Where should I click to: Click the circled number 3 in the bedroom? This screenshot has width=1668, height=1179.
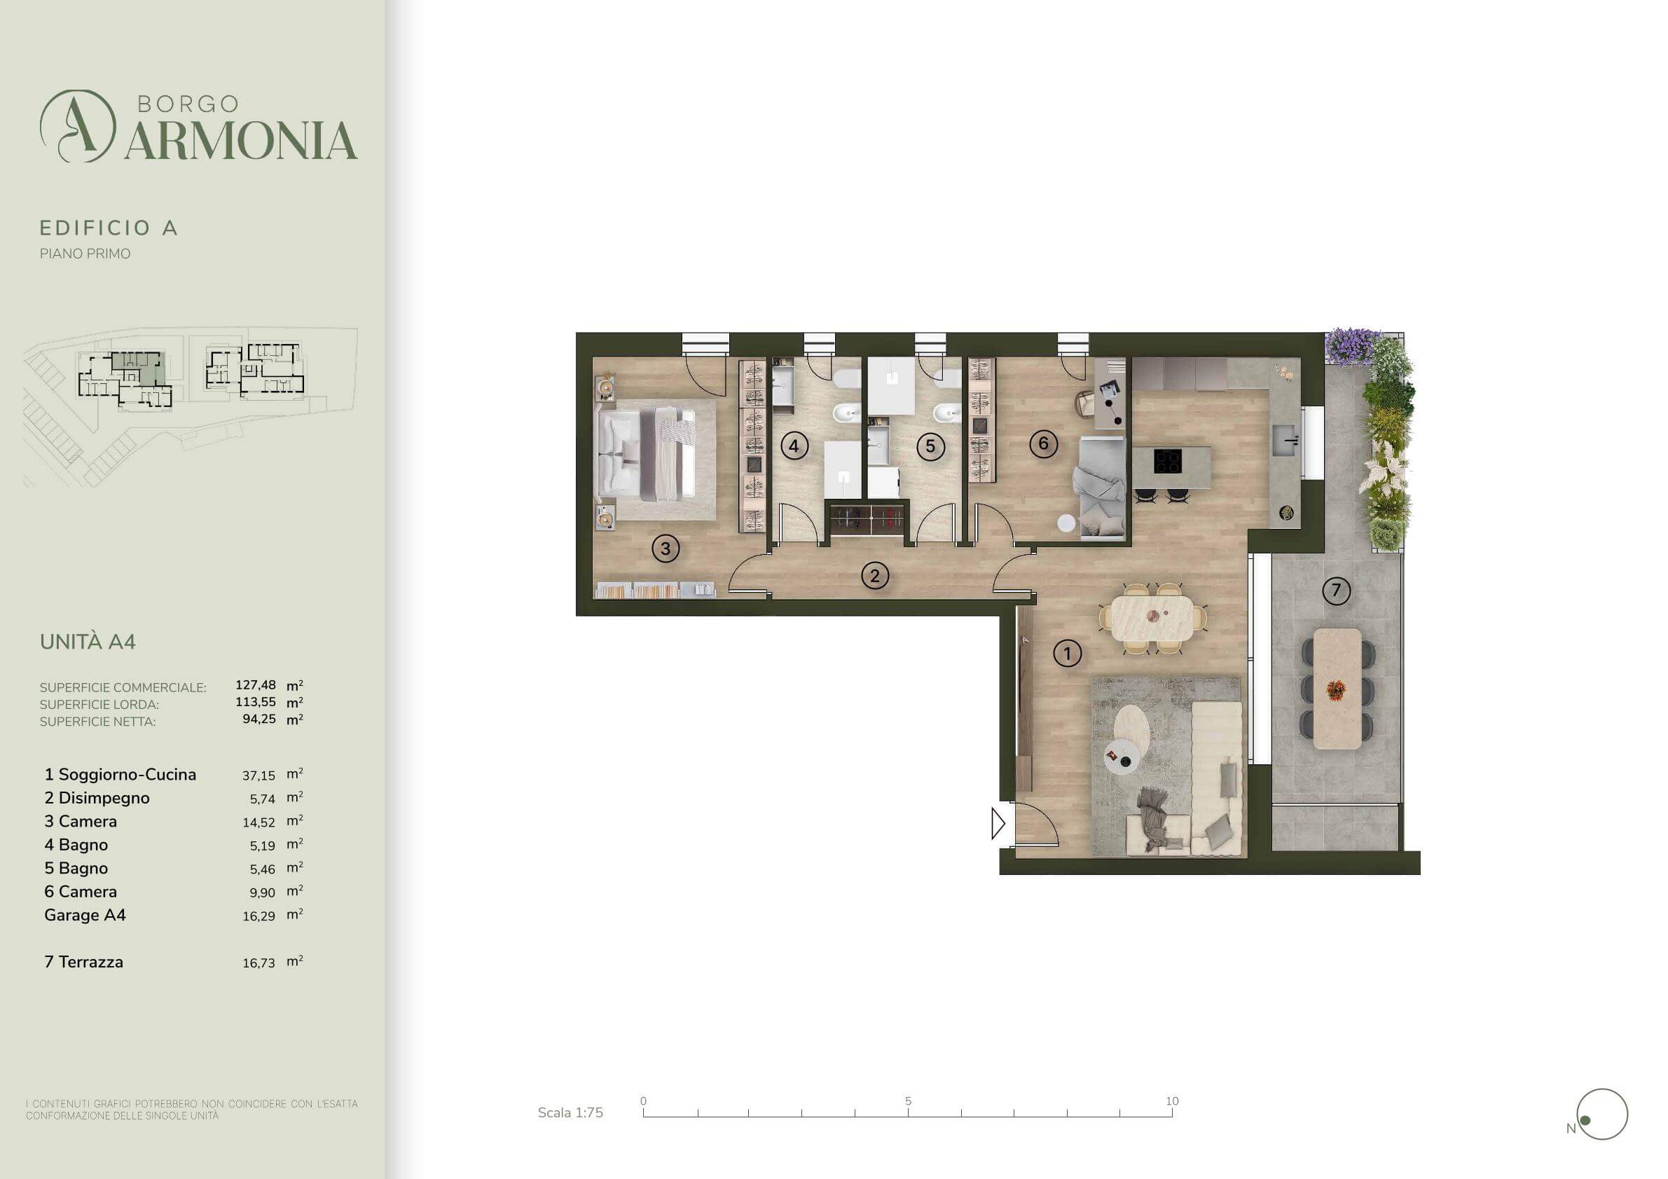[666, 549]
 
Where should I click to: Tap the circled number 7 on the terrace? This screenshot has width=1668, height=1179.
[1336, 591]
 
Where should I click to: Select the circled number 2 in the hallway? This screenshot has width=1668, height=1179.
[875, 576]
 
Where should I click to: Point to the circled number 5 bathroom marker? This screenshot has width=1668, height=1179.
[930, 446]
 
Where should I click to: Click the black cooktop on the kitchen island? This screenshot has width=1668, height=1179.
[1167, 461]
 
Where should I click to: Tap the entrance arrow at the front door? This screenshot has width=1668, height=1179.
[998, 824]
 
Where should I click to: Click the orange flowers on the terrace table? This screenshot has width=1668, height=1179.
[1335, 689]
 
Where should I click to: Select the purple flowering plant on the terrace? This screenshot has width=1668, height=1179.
[1352, 347]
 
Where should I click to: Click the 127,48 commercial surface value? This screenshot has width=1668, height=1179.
[256, 685]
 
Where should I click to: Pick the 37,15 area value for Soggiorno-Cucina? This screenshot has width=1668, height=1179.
[259, 775]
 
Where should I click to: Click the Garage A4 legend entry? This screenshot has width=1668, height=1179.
[85, 915]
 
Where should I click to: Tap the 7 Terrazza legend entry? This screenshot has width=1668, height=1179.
[83, 962]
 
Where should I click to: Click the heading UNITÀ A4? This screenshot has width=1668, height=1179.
[88, 642]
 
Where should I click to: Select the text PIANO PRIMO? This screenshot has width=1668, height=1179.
[85, 254]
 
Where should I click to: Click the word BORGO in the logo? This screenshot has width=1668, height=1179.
[188, 104]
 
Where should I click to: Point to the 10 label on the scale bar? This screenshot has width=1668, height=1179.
[1172, 1101]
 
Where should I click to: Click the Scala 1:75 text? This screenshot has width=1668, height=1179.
[570, 1113]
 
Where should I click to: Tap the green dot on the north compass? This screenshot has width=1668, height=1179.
[1585, 1121]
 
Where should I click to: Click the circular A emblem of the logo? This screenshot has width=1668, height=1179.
[78, 125]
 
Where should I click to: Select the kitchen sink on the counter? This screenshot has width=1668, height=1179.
[1284, 439]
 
